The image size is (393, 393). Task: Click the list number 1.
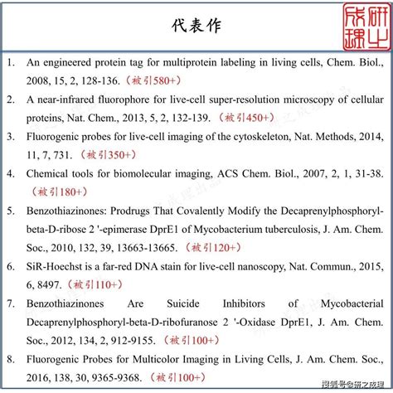(11, 61)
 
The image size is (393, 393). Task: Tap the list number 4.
(11, 173)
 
